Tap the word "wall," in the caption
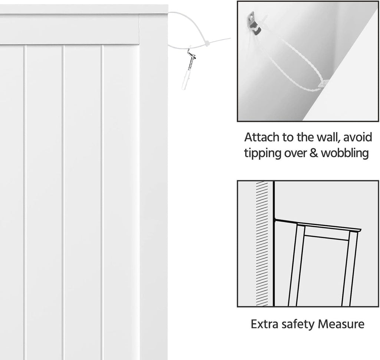point(324,137)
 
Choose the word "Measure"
point(341,324)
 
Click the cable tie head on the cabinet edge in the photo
point(323,84)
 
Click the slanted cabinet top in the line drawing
point(318,225)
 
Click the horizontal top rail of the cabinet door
point(69,29)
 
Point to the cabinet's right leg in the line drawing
point(350,268)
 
